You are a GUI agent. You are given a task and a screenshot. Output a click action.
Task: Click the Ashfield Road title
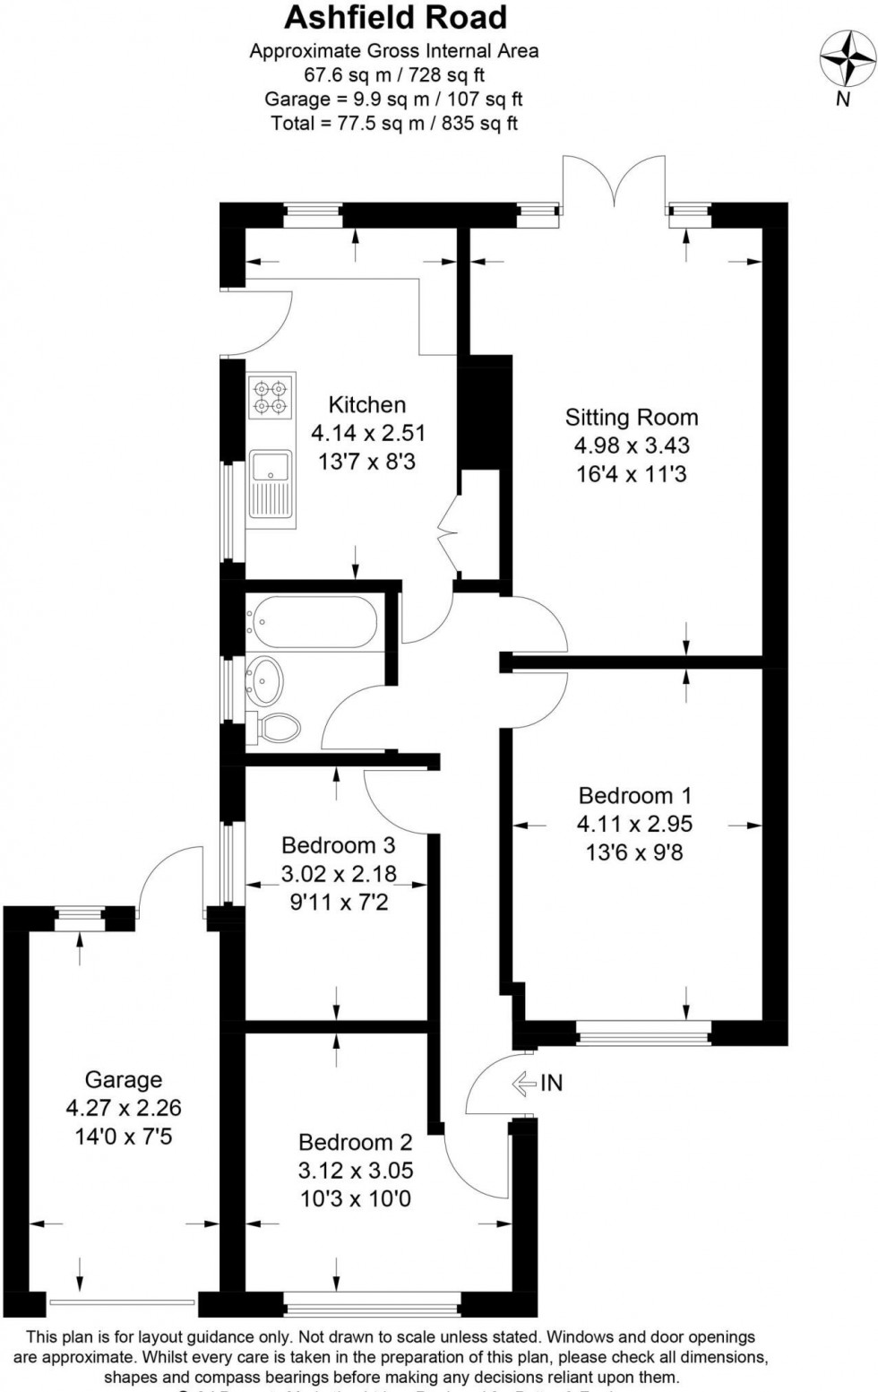pyautogui.click(x=395, y=18)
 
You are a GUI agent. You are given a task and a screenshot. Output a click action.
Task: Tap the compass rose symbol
pyautogui.click(x=848, y=60)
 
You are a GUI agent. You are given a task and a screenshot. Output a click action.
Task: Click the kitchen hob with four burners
pyautogui.click(x=271, y=399)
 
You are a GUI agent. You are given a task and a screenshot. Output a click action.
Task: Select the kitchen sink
pyautogui.click(x=271, y=484)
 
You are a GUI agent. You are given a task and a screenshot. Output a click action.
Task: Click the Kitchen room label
pyautogui.click(x=366, y=404)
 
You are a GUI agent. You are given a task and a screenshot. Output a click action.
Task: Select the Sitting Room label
pyautogui.click(x=631, y=417)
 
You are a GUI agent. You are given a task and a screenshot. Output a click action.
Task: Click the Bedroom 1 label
pyautogui.click(x=635, y=795)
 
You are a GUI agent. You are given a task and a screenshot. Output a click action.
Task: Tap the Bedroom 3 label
pyautogui.click(x=338, y=844)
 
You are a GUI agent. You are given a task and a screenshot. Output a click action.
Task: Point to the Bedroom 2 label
pyautogui.click(x=355, y=1142)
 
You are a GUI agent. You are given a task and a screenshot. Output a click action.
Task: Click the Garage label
pyautogui.click(x=123, y=1080)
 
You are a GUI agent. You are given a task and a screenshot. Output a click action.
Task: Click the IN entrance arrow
pyautogui.click(x=526, y=1084)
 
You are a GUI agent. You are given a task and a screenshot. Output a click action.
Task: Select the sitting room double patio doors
pyautogui.click(x=614, y=184)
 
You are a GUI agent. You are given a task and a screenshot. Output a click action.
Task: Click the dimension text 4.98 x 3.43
pyautogui.click(x=632, y=445)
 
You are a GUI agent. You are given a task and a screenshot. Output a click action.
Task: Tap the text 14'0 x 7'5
pyautogui.click(x=124, y=1137)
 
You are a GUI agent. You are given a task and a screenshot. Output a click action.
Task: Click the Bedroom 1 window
pyautogui.click(x=643, y=1033)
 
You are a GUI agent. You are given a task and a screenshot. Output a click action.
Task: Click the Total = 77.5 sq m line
pyautogui.click(x=394, y=124)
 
